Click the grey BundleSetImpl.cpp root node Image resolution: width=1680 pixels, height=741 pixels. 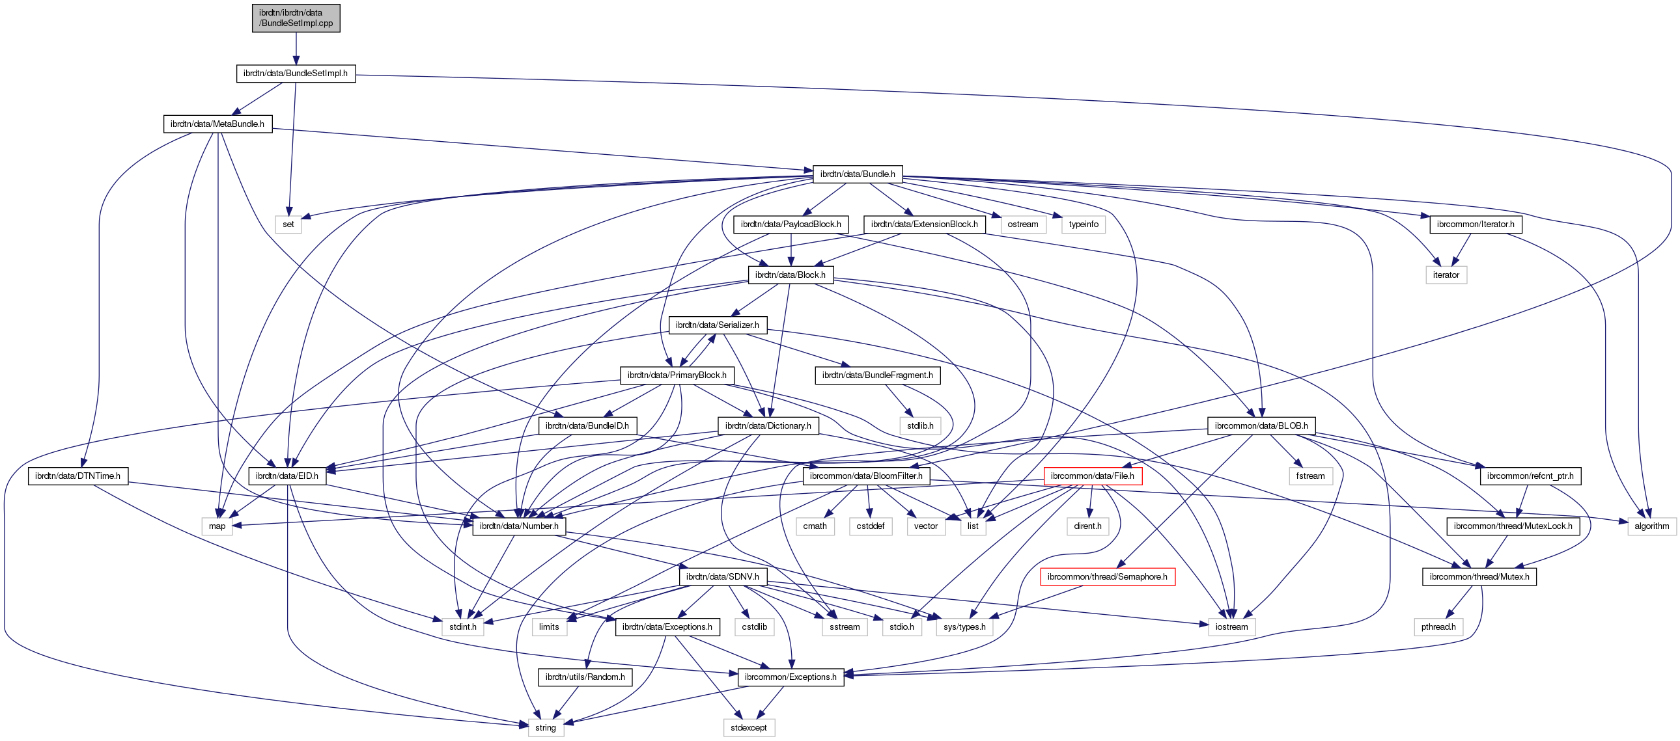[296, 18]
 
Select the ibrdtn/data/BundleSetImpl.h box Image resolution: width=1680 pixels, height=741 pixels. [296, 73]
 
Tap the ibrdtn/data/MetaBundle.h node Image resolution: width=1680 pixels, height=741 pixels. [217, 124]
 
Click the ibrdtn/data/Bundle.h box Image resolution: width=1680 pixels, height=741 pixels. [857, 174]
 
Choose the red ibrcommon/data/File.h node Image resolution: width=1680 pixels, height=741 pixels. [1092, 476]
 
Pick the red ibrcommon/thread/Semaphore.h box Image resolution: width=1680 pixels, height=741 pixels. [1107, 577]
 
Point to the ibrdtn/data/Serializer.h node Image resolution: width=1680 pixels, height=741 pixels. [717, 325]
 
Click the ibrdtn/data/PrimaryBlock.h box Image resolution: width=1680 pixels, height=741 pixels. [677, 375]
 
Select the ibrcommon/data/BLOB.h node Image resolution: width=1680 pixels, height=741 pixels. [1261, 425]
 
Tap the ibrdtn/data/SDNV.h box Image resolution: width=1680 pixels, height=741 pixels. [722, 577]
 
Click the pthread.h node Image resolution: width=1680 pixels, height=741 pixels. [1438, 627]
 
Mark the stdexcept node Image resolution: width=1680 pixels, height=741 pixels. [748, 727]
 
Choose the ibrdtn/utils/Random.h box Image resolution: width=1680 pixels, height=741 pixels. [584, 677]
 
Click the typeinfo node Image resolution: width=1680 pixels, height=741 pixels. [1084, 224]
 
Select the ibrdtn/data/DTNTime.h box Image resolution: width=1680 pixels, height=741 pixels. [77, 476]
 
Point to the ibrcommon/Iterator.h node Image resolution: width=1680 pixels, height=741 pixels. [1476, 224]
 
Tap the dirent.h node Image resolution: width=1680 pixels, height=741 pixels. [1087, 526]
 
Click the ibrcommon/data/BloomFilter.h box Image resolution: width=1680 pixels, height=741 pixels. [865, 476]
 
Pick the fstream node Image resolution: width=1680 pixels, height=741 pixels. [1310, 476]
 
